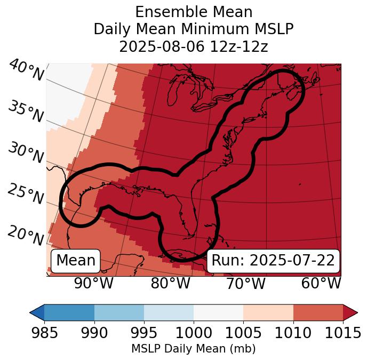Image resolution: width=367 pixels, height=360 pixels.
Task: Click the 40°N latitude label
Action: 26,71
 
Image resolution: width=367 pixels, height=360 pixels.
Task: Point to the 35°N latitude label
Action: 26,111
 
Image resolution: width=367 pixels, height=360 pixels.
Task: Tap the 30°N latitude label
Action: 26,153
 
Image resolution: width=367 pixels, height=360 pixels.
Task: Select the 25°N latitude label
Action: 26,194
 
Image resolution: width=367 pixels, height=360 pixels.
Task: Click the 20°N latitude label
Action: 26,235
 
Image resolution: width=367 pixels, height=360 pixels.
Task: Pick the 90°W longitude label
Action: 93,283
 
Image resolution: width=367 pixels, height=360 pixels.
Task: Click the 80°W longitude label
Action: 170,283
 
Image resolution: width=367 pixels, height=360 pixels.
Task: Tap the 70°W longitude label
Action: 245,283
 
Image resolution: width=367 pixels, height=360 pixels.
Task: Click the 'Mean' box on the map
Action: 76,261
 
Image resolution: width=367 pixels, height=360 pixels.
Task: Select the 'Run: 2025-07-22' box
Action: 273,261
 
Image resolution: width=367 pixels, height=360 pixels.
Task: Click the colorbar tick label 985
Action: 44,333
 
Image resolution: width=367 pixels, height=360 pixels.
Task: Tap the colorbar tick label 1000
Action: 194,333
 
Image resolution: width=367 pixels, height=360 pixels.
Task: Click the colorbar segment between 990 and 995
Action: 119,312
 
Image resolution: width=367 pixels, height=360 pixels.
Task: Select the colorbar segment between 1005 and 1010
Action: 268,312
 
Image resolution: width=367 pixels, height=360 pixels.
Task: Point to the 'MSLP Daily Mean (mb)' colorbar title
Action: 193,349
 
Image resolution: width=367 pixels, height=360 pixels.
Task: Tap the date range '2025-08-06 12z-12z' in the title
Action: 193,46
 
